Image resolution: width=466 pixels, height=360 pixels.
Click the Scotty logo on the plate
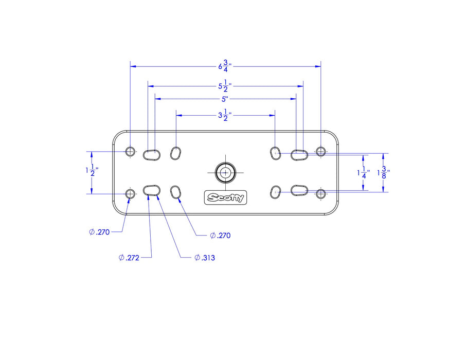click(x=226, y=197)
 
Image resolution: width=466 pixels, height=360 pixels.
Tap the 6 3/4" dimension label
click(x=225, y=66)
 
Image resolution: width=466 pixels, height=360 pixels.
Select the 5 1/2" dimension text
click(x=225, y=86)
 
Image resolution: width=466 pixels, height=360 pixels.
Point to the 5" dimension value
click(x=225, y=99)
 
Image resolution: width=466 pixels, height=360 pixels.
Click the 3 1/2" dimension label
click(x=225, y=115)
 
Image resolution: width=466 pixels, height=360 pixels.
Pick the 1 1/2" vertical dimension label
click(x=92, y=170)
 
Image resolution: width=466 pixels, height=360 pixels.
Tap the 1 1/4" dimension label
click(x=363, y=172)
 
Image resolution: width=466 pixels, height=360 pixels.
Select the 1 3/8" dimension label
click(x=383, y=172)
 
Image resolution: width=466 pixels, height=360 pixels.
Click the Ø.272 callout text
click(x=129, y=258)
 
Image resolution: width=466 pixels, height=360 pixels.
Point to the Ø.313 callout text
click(x=205, y=258)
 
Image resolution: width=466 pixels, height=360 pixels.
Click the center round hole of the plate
click(x=226, y=172)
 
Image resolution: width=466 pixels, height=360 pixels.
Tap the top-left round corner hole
click(x=130, y=151)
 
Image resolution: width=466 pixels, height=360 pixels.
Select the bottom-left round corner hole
click(x=130, y=194)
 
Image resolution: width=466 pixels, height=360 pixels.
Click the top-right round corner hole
click(x=320, y=151)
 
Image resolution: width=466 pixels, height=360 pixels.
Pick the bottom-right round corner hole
click(x=320, y=194)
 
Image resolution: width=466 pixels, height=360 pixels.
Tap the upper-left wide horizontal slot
click(x=152, y=155)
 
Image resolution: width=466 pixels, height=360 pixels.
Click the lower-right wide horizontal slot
click(x=299, y=190)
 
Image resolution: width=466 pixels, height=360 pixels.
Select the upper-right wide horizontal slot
click(x=299, y=155)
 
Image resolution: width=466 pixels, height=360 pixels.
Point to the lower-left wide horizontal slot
click(x=152, y=190)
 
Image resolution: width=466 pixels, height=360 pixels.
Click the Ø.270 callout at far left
click(x=100, y=232)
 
